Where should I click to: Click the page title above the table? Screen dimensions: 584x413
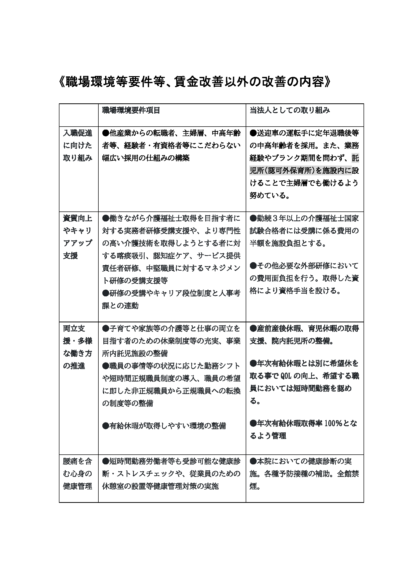pos(195,82)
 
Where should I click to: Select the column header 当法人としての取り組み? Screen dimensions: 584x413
pos(290,110)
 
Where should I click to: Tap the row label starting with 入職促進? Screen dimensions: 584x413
pos(78,145)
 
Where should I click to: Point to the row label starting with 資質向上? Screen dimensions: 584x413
pos(78,237)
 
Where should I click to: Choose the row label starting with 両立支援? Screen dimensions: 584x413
pos(78,347)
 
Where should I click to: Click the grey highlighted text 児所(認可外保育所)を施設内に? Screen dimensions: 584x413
pos(300,171)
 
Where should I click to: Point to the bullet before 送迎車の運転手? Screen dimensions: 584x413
pos(253,133)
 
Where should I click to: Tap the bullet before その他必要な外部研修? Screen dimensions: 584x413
pos(253,266)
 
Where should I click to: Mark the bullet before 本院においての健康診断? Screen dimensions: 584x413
pos(253,461)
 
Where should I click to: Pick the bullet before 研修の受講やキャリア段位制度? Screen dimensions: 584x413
pos(106,293)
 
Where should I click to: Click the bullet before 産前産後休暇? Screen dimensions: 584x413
pos(253,329)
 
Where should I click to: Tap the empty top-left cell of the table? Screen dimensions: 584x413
pos(79,115)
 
